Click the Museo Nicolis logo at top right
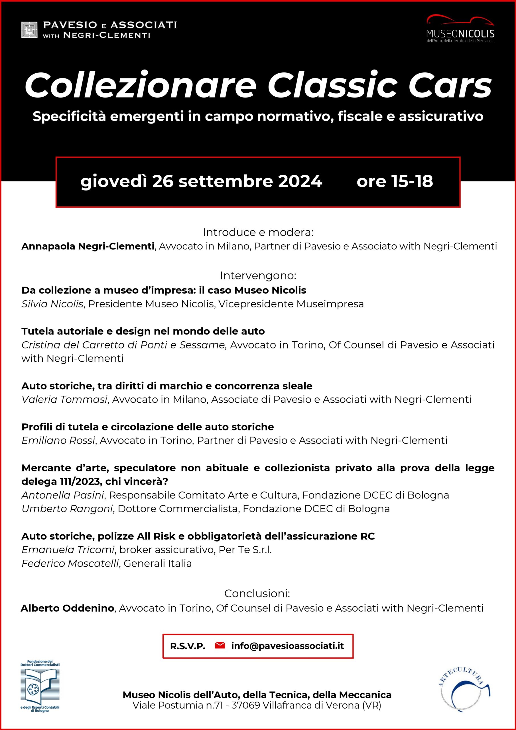(x=460, y=29)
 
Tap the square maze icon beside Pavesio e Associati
(x=29, y=30)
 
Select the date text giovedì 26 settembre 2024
(x=201, y=182)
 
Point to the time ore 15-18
(x=395, y=182)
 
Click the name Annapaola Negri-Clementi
(x=88, y=246)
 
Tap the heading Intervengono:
(x=258, y=276)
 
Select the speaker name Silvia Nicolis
(x=52, y=304)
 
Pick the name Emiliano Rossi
(x=58, y=440)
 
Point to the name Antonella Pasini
(x=63, y=495)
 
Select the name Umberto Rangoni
(x=67, y=509)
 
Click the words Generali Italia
(x=158, y=563)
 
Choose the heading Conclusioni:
(x=257, y=593)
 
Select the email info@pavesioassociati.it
(x=287, y=646)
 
